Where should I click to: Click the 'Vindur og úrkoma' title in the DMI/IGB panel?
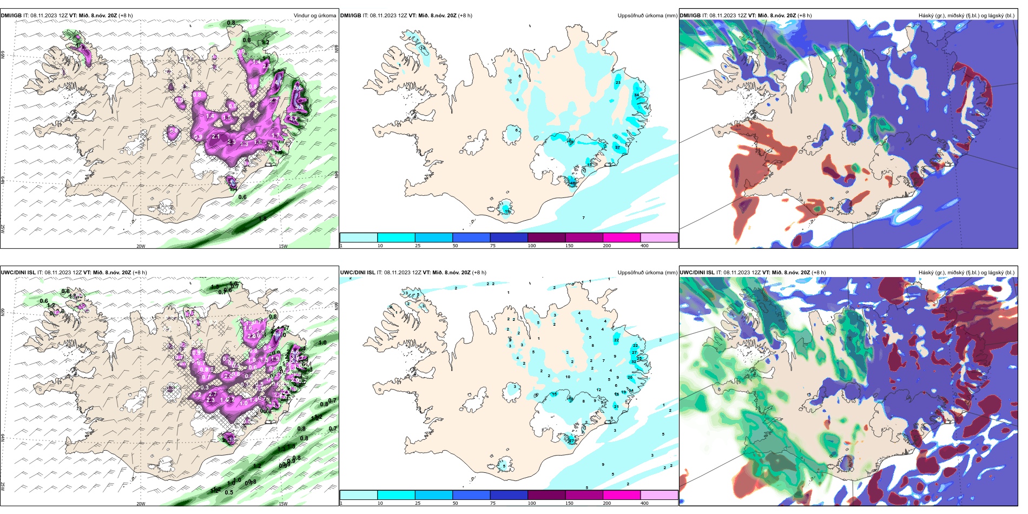coord(314,16)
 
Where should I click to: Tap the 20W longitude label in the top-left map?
coord(141,246)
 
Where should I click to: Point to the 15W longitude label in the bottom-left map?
coord(283,504)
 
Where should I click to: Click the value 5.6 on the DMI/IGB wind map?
coord(298,88)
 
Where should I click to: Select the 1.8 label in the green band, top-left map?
coord(262,219)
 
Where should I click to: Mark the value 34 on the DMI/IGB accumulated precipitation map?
coord(637,95)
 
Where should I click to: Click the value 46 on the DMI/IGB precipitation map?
coord(572,183)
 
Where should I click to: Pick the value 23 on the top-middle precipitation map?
coord(618,83)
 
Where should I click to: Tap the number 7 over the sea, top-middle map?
coord(583,218)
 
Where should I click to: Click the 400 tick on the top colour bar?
coord(644,246)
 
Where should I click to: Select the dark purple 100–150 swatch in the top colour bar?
coord(546,238)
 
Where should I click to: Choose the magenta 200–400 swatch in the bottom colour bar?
coord(622,495)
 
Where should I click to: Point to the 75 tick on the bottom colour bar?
coord(492,503)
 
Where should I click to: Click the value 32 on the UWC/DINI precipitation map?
coord(634,361)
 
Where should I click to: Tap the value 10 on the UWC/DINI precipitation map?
coord(568,377)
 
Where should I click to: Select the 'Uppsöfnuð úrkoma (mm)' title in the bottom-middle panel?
coord(647,273)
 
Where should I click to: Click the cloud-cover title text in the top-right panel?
coord(966,16)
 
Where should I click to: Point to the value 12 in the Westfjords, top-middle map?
coord(423,49)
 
